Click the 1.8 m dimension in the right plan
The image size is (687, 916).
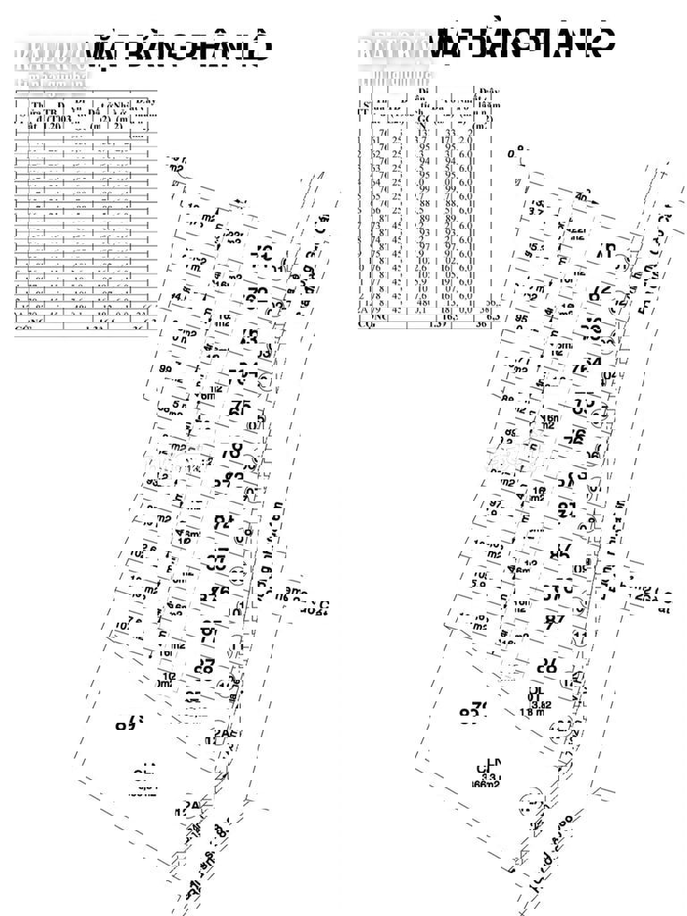click(533, 713)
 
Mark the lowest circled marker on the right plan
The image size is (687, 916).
click(533, 801)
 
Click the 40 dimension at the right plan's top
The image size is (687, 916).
click(582, 198)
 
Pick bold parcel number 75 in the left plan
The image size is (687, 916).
click(218, 592)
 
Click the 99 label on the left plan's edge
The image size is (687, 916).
click(165, 369)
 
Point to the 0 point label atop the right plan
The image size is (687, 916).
click(513, 154)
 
